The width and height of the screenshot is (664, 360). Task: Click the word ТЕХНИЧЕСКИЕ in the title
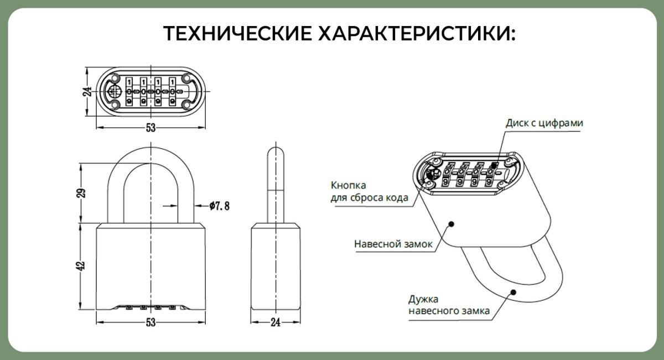point(238,33)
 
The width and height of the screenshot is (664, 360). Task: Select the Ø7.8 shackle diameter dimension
point(219,206)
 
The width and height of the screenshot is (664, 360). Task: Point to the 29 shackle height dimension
point(82,193)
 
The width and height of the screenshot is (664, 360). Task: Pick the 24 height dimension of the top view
point(87,92)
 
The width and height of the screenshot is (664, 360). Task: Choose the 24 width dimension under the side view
point(276,322)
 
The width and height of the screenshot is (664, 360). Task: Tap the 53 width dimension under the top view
point(151,128)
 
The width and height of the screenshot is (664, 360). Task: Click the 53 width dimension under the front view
point(151,322)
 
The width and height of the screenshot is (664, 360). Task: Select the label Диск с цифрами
point(544,123)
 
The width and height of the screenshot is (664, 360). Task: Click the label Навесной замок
point(393,244)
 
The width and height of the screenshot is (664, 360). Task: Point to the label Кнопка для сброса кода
point(370,191)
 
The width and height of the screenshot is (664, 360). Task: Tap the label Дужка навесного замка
point(449,305)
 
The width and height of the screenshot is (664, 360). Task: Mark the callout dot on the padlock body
point(451,224)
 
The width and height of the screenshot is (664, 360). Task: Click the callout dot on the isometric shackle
point(513,293)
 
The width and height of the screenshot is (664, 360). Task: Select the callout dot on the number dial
point(494,164)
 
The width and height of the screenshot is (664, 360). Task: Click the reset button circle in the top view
point(114,91)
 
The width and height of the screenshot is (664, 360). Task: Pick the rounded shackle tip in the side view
point(276,154)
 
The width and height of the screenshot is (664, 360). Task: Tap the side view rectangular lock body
point(276,267)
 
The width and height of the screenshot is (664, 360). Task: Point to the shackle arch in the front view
point(151,155)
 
